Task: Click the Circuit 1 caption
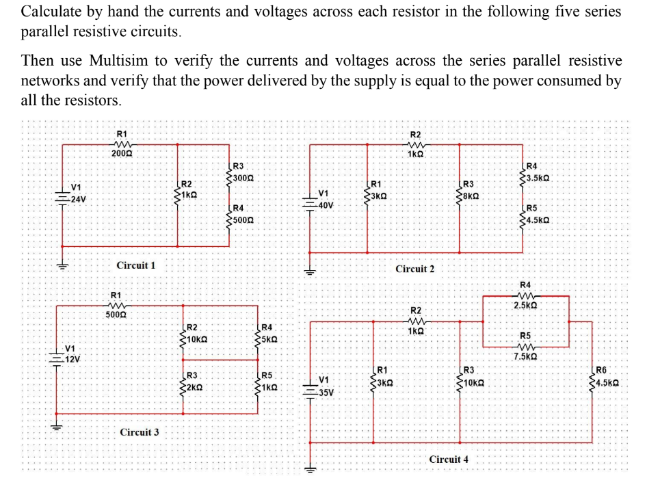tap(136, 265)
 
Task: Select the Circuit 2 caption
tap(414, 269)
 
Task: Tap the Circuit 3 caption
tap(140, 432)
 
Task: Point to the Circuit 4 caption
tap(449, 459)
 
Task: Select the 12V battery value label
tap(72, 359)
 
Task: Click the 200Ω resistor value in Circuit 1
tap(122, 155)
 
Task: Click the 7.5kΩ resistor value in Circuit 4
tap(525, 356)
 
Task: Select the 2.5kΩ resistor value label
tap(525, 305)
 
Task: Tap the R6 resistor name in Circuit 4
tap(600, 371)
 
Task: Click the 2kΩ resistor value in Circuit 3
tap(195, 387)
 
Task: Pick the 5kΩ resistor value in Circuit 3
tap(269, 339)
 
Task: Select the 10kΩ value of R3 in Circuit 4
tap(474, 383)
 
